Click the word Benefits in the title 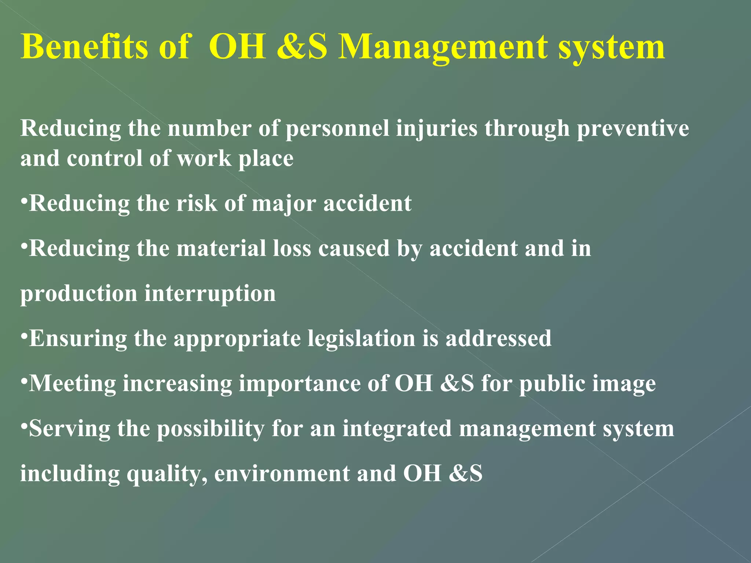tap(84, 47)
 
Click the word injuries tap(437, 129)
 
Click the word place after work tap(266, 159)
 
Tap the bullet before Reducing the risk tap(24, 200)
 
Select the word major tap(283, 204)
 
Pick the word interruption tap(210, 294)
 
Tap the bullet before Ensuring tap(24, 335)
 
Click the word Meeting tap(72, 384)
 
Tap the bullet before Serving tap(24, 426)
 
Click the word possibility tap(211, 429)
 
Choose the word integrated tap(397, 429)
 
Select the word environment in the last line tap(282, 474)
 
